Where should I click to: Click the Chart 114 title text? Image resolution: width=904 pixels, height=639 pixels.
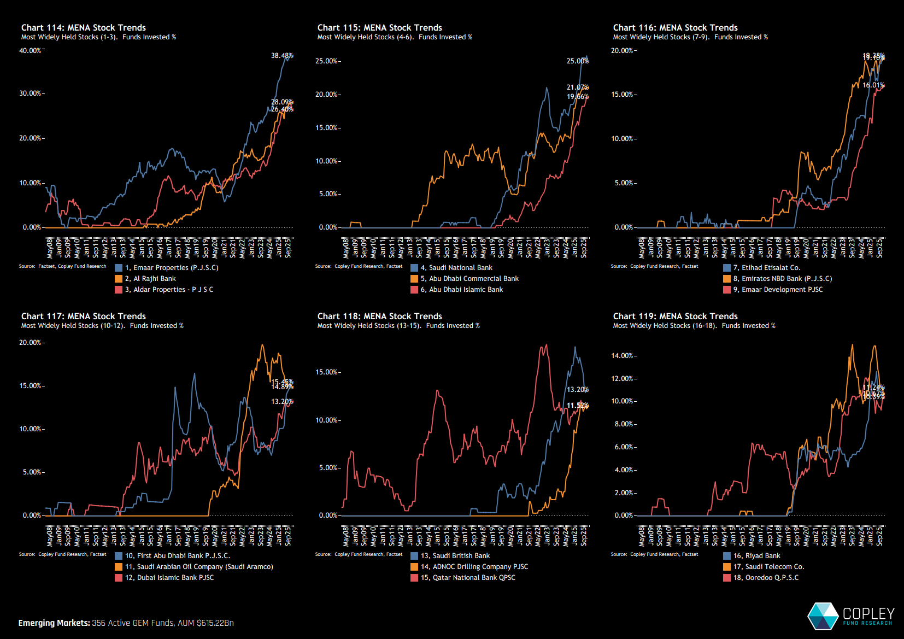[x=83, y=27]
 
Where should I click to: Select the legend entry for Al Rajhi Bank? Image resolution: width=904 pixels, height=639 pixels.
[x=150, y=279]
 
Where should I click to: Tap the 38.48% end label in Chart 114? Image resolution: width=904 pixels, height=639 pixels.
[x=281, y=56]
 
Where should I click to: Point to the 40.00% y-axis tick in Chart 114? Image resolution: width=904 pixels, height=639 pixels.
[x=31, y=50]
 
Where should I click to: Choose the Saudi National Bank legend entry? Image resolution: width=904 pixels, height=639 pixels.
[x=456, y=268]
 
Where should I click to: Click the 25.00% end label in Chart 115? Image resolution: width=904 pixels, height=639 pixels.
[x=577, y=61]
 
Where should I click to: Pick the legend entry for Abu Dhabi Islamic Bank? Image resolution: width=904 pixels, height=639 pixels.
[x=461, y=290]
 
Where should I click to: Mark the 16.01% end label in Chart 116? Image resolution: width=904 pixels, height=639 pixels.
[x=873, y=85]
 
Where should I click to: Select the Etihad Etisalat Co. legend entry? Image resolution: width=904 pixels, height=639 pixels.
[x=766, y=268]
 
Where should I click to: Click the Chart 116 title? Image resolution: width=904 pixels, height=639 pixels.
[x=675, y=27]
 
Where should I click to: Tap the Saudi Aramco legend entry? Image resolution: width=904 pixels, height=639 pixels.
[x=199, y=567]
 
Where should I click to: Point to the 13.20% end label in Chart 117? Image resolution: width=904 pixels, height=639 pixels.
[x=281, y=402]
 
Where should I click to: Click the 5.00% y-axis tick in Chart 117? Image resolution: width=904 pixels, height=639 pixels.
[x=32, y=472]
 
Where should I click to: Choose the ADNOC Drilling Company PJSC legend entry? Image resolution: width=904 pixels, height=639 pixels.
[x=474, y=567]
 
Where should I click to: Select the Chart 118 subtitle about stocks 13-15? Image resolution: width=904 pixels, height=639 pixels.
[x=398, y=326]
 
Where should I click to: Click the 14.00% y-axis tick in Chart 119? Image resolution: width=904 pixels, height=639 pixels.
[x=623, y=356]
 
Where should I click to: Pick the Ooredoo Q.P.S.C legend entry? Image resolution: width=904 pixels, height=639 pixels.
[x=765, y=578]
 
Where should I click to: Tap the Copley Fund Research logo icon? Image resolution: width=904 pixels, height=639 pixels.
[x=823, y=615]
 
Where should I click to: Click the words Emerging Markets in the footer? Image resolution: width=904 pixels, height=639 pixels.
[x=54, y=623]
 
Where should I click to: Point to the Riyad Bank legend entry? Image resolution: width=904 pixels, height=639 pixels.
[x=756, y=556]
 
